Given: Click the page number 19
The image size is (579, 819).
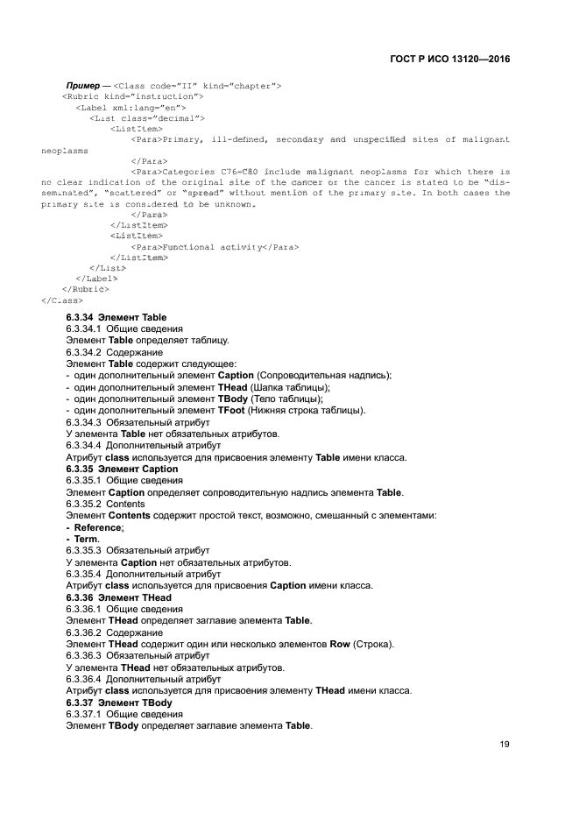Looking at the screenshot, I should (x=505, y=745).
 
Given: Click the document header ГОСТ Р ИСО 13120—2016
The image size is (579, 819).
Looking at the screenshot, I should (x=449, y=59).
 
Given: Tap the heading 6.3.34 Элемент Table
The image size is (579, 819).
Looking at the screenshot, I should (x=116, y=317).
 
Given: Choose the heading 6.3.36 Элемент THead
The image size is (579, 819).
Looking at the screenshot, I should (x=118, y=597).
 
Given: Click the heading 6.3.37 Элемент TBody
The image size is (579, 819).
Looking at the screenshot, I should (x=118, y=703).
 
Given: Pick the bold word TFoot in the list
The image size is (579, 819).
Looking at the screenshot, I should (x=231, y=411).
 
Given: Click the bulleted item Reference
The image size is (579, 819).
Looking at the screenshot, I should (x=99, y=528).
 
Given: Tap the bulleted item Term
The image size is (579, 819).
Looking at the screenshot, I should (x=87, y=539).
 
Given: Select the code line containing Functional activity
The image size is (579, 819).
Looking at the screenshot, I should (x=215, y=247).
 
